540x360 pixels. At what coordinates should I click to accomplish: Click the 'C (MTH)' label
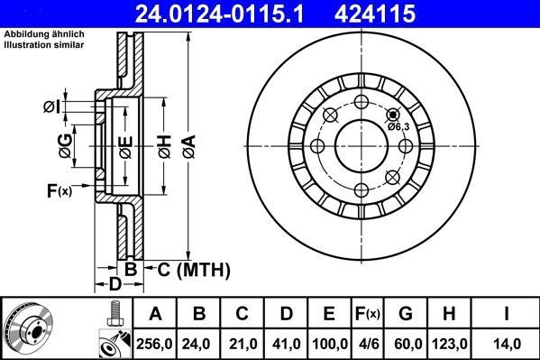[x=194, y=270]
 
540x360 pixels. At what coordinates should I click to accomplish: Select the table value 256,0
[x=156, y=342]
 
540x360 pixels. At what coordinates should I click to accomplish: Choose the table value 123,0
[x=449, y=342]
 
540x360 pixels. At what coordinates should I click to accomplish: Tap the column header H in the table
[x=449, y=314]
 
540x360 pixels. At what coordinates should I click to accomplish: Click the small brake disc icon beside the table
[x=29, y=329]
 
